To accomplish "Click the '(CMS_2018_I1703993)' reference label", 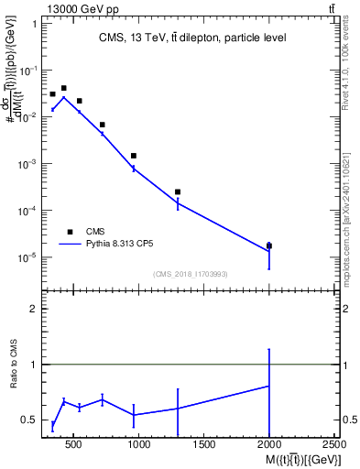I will tap(191, 274).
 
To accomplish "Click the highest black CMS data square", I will tap(63, 88).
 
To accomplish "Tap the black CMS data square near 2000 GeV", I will tap(269, 245).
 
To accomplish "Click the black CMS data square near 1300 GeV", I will tap(178, 191).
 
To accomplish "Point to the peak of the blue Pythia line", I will tap(63, 97).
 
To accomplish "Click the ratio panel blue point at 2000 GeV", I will tap(269, 386).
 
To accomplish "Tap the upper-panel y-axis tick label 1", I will tap(34, 23).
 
